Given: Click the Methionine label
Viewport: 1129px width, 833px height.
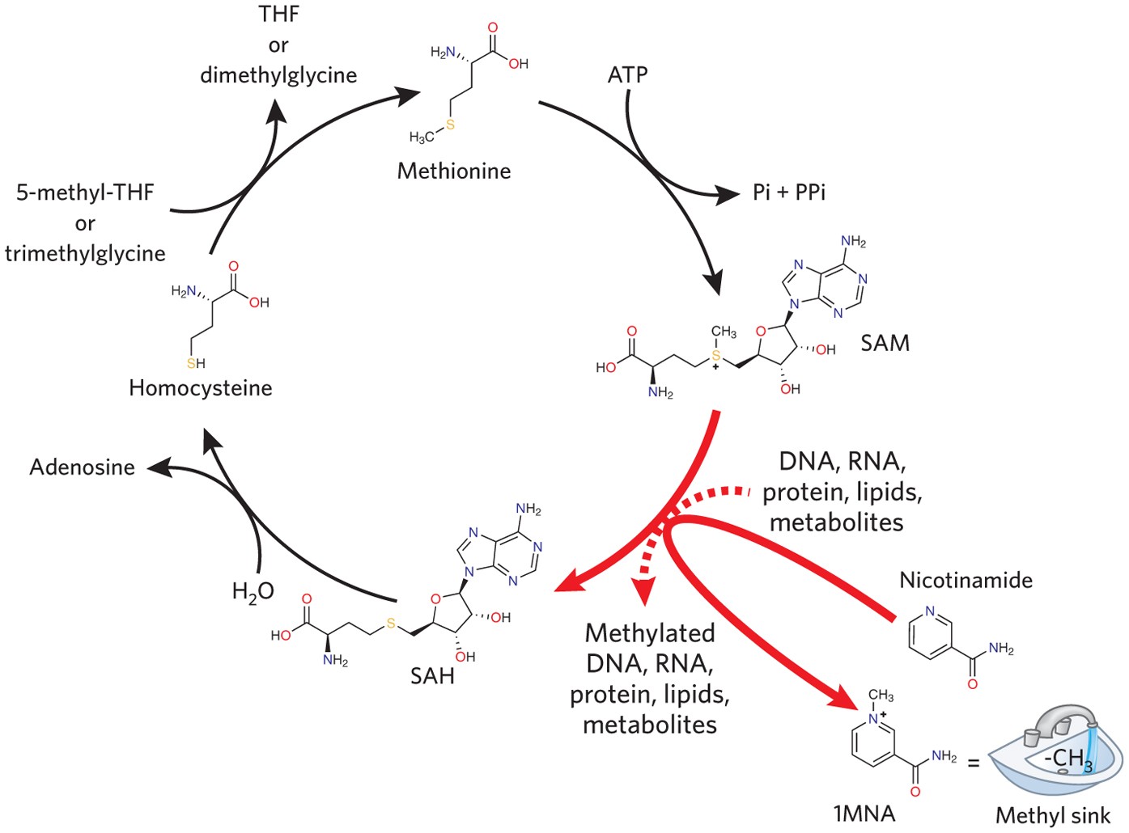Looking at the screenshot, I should click(x=454, y=171).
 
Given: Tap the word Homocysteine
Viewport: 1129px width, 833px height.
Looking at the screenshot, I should click(x=200, y=388).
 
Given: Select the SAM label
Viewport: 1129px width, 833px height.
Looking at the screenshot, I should click(x=885, y=343).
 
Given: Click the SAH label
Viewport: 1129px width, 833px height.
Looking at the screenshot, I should click(x=432, y=675).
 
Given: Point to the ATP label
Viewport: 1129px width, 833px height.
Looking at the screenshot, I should click(x=627, y=75).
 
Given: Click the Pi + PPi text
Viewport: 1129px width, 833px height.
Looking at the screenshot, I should click(x=789, y=192).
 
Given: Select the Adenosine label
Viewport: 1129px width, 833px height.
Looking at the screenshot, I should click(x=82, y=467).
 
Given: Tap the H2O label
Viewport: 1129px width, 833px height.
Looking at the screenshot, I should click(x=253, y=592).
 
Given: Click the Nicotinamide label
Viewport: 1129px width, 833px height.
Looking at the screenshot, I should click(x=966, y=580).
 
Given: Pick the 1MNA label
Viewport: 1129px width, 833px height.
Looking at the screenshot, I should click(x=864, y=814).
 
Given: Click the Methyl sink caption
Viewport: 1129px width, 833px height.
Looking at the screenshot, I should click(x=1053, y=815).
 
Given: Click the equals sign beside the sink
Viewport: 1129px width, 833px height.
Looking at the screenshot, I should click(x=974, y=762).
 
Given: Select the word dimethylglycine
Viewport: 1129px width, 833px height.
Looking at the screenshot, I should click(x=278, y=75).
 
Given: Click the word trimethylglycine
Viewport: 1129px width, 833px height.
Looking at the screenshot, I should click(x=85, y=253).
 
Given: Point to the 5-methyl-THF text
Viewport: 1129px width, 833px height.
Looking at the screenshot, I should click(x=85, y=192).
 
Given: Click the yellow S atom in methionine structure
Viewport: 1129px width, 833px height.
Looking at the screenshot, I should click(x=450, y=125).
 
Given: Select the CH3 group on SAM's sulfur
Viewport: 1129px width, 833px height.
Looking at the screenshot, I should click(x=723, y=332).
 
